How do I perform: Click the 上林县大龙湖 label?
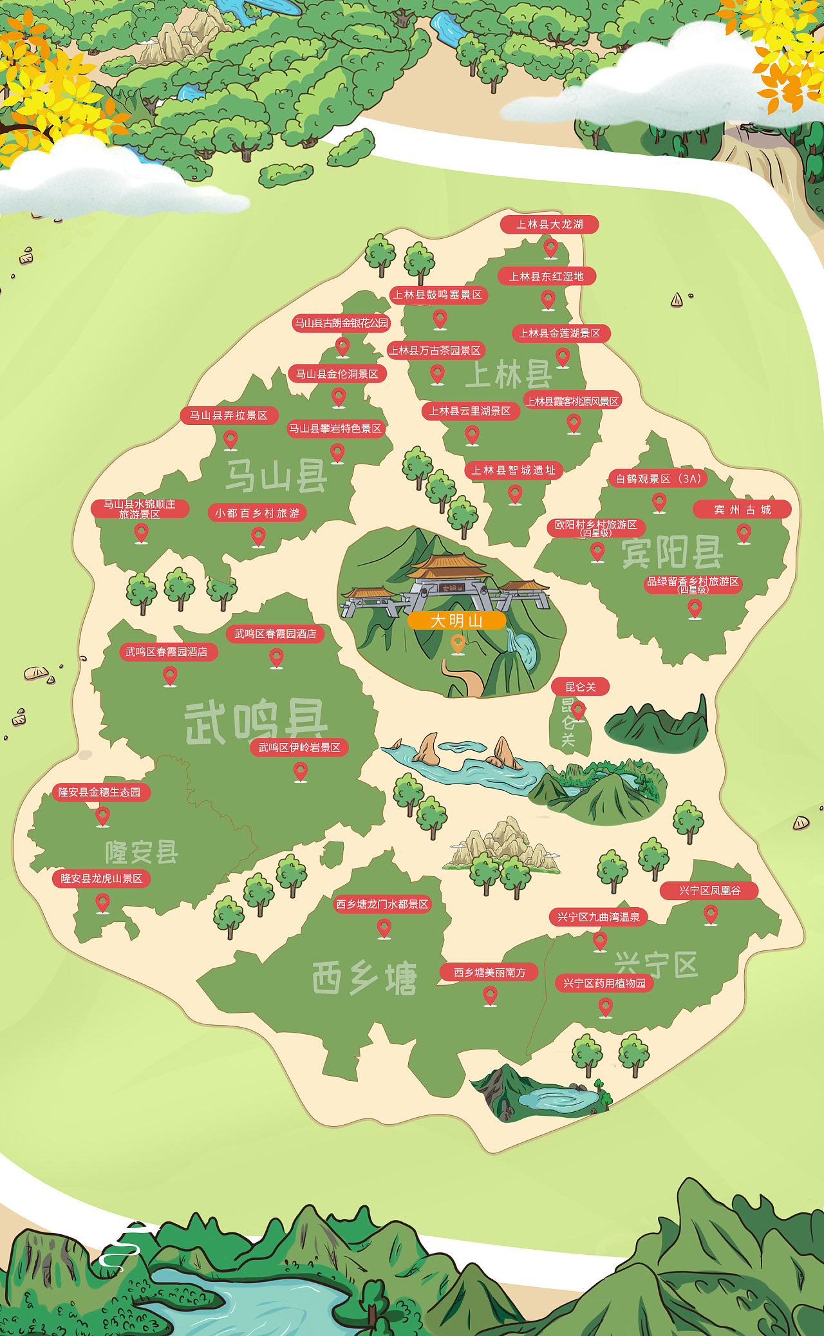550,224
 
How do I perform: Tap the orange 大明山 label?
456,621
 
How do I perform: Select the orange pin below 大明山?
458,643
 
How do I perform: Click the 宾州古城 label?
742,509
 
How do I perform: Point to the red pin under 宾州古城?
744,532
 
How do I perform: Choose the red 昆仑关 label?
580,687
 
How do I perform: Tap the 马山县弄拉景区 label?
229,415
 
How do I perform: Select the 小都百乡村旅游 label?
257,513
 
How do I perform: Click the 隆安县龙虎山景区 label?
102,879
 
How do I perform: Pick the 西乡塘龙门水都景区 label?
382,904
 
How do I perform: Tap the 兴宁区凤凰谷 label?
709,890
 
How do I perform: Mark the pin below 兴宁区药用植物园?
605,1006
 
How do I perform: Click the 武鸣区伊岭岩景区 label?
299,748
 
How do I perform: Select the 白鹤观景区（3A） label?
658,478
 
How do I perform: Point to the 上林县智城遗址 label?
514,470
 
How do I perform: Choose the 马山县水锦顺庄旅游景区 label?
140,509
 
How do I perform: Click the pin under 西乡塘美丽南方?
490,995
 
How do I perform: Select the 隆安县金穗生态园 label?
100,792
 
